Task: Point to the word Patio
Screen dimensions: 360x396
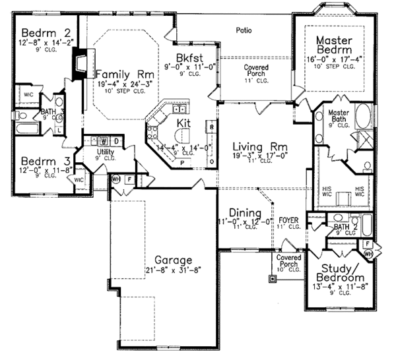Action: [244, 30]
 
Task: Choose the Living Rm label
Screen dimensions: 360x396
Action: [257, 146]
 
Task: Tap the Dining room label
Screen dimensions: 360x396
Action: [244, 213]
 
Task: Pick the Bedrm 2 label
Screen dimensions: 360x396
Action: [40, 34]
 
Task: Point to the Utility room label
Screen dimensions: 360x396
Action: [106, 152]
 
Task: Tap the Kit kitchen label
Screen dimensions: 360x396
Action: [183, 123]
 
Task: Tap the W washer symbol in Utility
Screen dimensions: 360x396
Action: [104, 140]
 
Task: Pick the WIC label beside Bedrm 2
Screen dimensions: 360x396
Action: [28, 94]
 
